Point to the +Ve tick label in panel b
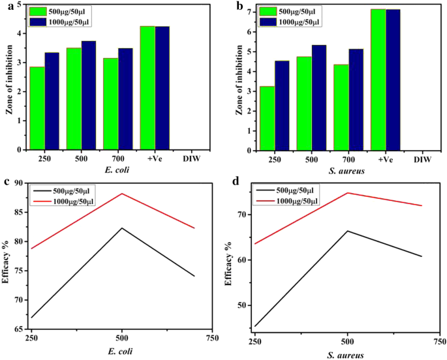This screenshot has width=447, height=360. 384,159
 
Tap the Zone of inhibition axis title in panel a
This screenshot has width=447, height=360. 9,77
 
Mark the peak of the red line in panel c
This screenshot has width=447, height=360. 121,193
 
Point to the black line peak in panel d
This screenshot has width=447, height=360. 347,231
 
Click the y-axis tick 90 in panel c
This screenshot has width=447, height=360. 19,183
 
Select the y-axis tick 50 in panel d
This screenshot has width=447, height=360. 242,305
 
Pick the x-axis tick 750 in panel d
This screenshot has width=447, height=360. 439,341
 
